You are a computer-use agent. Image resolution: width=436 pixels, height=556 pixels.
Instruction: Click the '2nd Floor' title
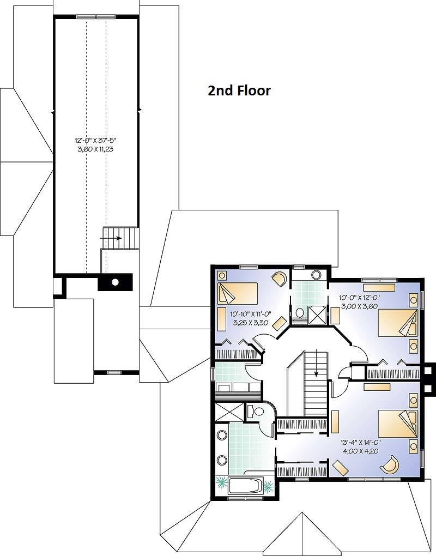(x=239, y=91)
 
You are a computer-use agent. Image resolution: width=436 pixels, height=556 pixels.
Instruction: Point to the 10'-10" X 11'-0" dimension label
(x=250, y=314)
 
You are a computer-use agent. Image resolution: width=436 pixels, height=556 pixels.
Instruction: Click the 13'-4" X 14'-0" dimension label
(x=360, y=442)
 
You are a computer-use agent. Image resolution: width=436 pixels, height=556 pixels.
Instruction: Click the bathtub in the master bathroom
(x=245, y=486)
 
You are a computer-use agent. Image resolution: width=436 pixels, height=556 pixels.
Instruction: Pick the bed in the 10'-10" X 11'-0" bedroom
(x=237, y=293)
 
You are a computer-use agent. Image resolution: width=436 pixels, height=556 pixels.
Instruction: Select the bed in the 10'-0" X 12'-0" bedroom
(x=397, y=323)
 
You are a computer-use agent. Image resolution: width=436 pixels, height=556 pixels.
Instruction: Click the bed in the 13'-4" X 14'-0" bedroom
(x=397, y=424)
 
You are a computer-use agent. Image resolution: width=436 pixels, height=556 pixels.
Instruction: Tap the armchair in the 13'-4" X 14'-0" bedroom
(x=389, y=464)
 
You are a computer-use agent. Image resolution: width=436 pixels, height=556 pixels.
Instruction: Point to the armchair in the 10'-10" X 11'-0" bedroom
(x=280, y=279)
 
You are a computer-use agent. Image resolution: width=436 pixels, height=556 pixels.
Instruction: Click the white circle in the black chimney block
(x=115, y=282)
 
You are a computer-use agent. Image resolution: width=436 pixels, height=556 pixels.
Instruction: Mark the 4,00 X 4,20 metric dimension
(x=360, y=451)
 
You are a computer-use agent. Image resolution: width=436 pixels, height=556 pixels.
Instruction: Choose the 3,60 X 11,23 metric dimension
(x=95, y=149)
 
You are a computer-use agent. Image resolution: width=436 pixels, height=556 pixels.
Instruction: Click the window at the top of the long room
(x=96, y=16)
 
